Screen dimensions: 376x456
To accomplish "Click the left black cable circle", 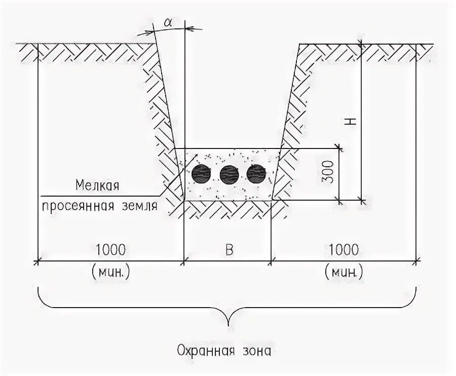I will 201,174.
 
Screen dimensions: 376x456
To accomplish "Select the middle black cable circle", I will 229,175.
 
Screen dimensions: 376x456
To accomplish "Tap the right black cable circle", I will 256,174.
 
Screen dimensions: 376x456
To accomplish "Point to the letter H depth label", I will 353,121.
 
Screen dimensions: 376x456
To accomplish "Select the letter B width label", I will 229,250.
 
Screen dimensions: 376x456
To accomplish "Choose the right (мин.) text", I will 343,272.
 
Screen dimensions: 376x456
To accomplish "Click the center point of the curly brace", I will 229,323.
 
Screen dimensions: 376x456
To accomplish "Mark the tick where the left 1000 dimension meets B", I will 183,261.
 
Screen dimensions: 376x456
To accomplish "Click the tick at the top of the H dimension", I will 361,44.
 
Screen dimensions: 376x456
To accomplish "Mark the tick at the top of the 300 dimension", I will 340,149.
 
